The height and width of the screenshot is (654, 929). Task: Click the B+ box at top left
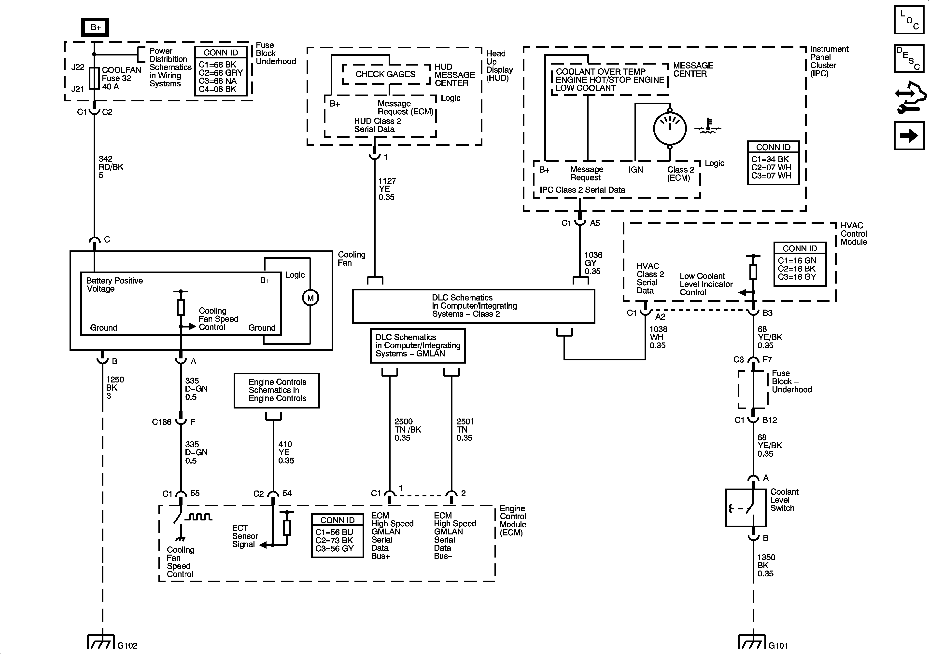pos(95,27)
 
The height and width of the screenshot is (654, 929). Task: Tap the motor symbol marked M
pos(310,298)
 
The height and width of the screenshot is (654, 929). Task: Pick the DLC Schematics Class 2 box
pos(473,306)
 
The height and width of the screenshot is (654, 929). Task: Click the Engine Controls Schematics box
pos(277,390)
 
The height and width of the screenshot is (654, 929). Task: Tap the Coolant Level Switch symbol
pos(746,508)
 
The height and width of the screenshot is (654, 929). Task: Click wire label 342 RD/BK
pos(111,167)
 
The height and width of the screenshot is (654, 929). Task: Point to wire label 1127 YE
pos(387,189)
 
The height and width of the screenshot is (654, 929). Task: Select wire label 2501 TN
pos(465,430)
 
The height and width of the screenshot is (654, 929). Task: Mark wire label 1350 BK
pos(766,565)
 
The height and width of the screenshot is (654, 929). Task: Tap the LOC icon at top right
pos(909,19)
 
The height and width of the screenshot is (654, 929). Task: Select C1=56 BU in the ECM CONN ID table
pos(334,532)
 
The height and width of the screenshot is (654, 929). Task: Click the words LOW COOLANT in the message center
pos(586,88)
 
